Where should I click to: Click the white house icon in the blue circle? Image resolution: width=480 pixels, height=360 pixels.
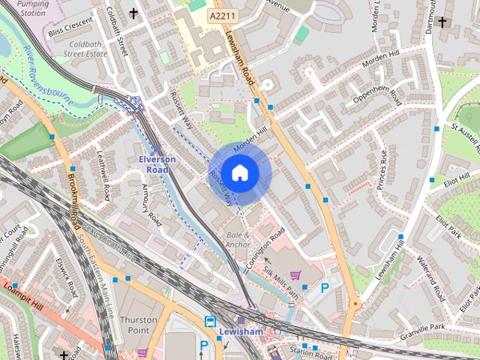click(239, 172)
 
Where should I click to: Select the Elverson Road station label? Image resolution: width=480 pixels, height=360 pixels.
click(157, 165)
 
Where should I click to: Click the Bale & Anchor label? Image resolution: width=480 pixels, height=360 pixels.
click(238, 240)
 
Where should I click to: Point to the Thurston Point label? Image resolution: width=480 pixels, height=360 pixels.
click(138, 325)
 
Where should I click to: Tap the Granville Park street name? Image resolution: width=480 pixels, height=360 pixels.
click(422, 328)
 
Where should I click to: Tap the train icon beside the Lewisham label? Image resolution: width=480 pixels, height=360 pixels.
click(210, 321)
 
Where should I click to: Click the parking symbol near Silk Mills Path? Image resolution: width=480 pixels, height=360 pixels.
click(325, 287)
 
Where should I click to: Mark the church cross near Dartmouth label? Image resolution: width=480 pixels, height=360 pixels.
click(442, 22)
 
